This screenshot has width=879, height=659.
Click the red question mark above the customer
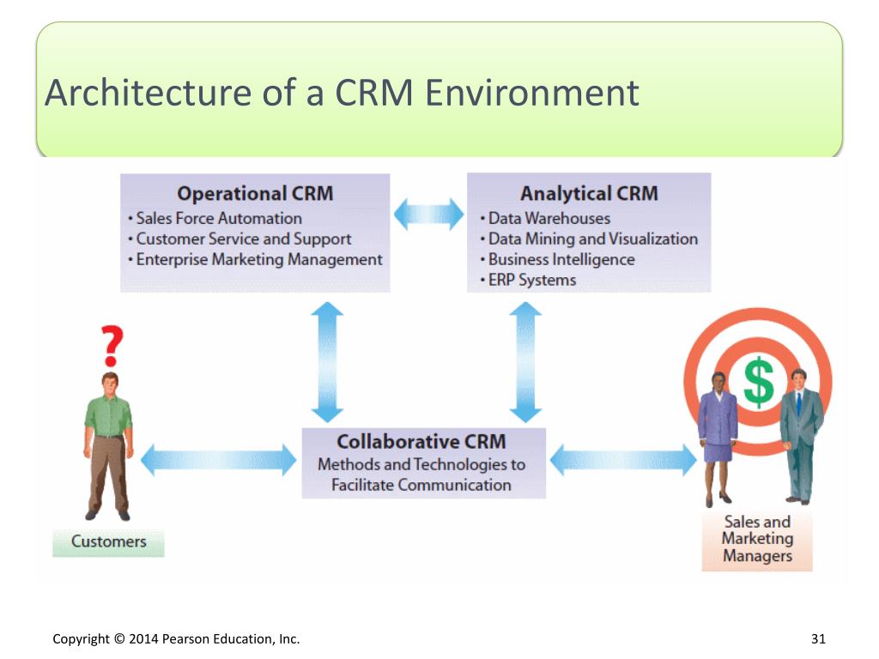pyautogui.click(x=112, y=346)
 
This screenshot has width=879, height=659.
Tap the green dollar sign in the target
pyautogui.click(x=759, y=383)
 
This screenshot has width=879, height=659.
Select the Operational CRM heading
pyautogui.click(x=255, y=193)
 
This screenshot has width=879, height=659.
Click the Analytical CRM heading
pyautogui.click(x=589, y=193)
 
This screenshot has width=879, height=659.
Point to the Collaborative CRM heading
pyautogui.click(x=421, y=442)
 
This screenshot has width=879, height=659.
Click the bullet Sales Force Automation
pyautogui.click(x=215, y=218)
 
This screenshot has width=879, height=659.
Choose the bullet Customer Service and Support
pyautogui.click(x=239, y=239)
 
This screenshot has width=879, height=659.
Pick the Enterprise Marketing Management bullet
pyautogui.click(x=255, y=259)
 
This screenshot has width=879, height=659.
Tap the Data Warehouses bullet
pyautogui.click(x=545, y=218)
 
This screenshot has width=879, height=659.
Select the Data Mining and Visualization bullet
pyautogui.click(x=589, y=239)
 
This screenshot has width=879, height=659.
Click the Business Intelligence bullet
pyautogui.click(x=557, y=259)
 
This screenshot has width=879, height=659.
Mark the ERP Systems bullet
pyautogui.click(x=528, y=280)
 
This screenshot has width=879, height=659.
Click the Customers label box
pyautogui.click(x=109, y=542)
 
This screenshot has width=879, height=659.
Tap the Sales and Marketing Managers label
pyautogui.click(x=757, y=539)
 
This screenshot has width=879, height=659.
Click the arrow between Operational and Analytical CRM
pyautogui.click(x=429, y=214)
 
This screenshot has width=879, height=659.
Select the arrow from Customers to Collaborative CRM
pyautogui.click(x=219, y=461)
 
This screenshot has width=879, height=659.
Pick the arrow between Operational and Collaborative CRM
pyautogui.click(x=327, y=362)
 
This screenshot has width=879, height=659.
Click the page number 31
pyautogui.click(x=818, y=638)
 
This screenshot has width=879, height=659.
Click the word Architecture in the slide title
pyautogui.click(x=148, y=93)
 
